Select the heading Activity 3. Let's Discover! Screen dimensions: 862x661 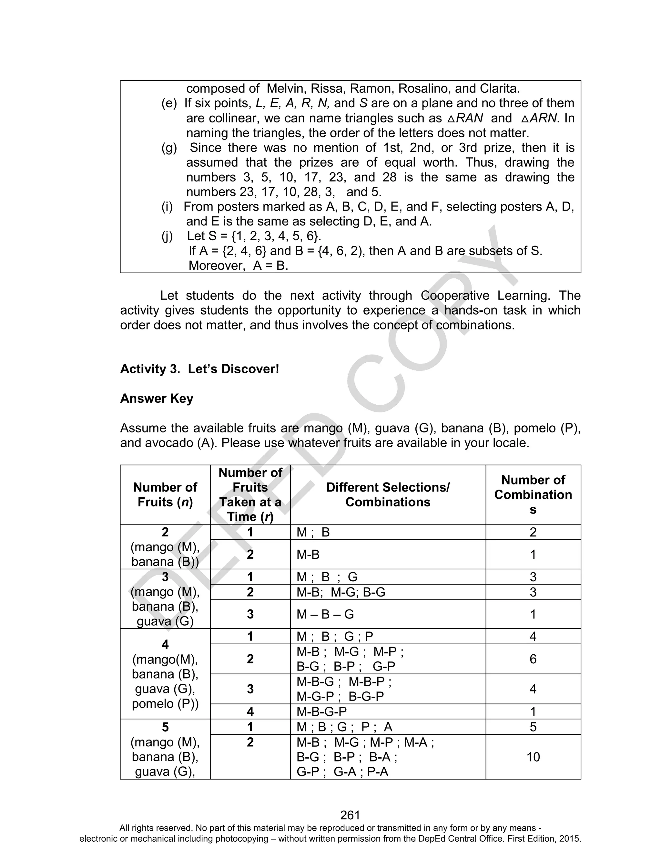click(x=199, y=369)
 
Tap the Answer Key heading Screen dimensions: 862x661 click(x=157, y=399)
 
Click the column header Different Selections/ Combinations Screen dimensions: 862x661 click(x=388, y=495)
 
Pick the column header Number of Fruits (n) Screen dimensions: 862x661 click(x=165, y=495)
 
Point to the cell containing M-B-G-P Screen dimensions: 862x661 click(x=321, y=711)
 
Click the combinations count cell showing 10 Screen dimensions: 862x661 click(x=533, y=757)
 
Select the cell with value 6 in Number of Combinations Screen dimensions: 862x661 click(x=533, y=659)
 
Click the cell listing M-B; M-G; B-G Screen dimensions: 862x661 click(x=341, y=592)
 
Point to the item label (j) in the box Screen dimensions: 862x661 click(x=167, y=236)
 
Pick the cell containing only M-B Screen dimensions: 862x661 click(x=308, y=555)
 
